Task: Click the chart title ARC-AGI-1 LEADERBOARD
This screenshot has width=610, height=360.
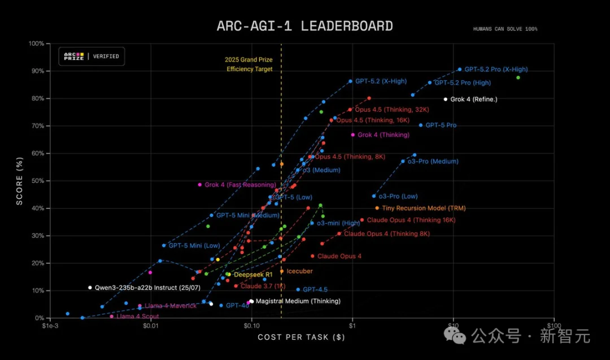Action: click(x=304, y=26)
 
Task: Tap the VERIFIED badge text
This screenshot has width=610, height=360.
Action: click(x=106, y=57)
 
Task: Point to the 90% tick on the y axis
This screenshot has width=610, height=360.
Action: click(x=36, y=71)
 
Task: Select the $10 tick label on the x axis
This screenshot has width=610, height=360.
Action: click(x=452, y=326)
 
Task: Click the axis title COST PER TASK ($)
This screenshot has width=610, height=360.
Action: click(x=301, y=337)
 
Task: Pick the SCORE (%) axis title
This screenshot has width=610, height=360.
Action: click(x=20, y=180)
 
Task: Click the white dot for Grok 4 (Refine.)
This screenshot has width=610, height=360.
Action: click(x=445, y=99)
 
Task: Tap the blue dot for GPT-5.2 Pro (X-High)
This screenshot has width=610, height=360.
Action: click(x=459, y=70)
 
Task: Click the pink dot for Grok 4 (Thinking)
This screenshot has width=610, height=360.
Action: click(x=353, y=135)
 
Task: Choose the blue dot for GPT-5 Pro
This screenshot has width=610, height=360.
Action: click(x=420, y=125)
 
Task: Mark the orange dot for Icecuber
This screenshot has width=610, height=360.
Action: click(x=282, y=271)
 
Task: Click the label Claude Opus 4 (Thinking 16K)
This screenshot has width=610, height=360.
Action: click(x=411, y=220)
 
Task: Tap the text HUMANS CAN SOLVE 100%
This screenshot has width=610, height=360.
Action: click(x=505, y=29)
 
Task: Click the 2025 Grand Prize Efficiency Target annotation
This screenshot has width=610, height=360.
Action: click(x=249, y=64)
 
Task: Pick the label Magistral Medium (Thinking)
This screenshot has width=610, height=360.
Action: click(x=298, y=301)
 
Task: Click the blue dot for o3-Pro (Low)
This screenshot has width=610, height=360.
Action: click(x=373, y=196)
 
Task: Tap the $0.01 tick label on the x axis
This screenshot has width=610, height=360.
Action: click(x=151, y=326)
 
